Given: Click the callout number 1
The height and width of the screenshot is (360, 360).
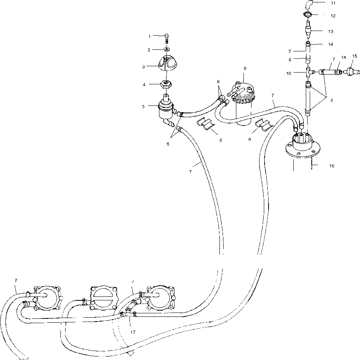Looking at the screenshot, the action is coord(149,36).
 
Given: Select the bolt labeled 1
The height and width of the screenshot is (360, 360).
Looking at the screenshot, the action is coord(166,38).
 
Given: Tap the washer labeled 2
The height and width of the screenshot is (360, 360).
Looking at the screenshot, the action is coord(166,49).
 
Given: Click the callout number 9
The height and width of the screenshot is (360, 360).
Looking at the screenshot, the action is coord(245,68).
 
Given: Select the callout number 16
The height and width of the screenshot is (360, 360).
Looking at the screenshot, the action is coord(332,166).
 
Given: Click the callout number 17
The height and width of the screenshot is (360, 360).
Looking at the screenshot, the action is coord(133,332).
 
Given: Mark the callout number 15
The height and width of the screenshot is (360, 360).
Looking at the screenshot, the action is coord(354,56).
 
